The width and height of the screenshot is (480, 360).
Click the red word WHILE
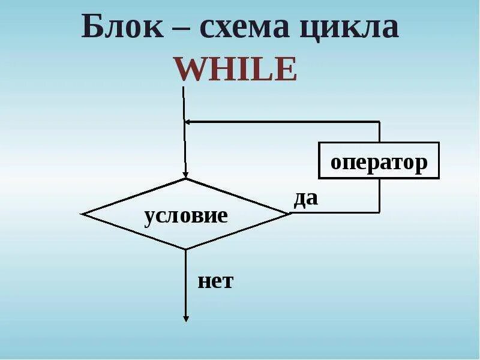[x=236, y=70]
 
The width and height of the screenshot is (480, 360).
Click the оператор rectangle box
[x=379, y=160]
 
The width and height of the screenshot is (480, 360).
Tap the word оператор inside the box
[x=379, y=162]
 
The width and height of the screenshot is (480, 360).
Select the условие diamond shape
[x=186, y=214]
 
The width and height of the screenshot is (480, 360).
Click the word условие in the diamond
[x=186, y=215]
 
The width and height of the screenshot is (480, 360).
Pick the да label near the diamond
[x=305, y=199]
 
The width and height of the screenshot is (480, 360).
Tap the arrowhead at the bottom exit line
[x=186, y=318]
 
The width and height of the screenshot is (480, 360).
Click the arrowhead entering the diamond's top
[x=185, y=174]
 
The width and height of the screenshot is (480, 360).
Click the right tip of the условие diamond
[x=289, y=214]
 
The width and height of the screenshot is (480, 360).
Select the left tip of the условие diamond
[x=83, y=214]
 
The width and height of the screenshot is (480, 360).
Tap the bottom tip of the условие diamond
[x=186, y=249]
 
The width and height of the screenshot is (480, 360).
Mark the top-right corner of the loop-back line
[x=379, y=122]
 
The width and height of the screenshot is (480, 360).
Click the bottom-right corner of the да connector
[x=379, y=212]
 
